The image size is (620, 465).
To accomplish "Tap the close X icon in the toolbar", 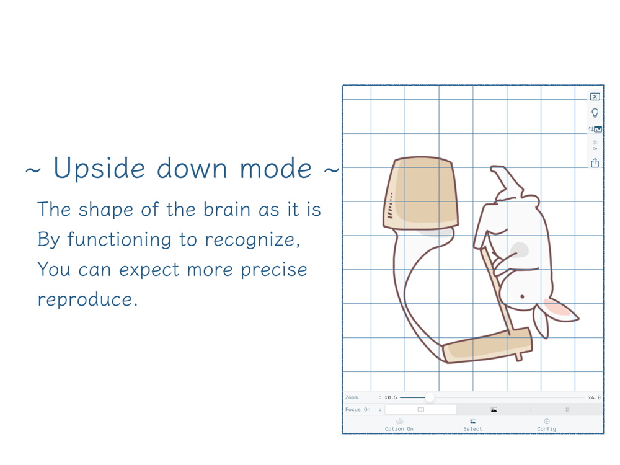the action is (595, 97).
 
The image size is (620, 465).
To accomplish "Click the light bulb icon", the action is (595, 113).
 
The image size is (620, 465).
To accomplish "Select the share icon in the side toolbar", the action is (595, 162).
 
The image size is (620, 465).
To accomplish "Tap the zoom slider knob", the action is (430, 397).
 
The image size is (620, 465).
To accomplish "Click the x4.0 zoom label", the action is (594, 397).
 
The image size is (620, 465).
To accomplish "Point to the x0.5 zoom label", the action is (391, 397).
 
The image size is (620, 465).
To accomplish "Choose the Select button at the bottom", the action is (472, 425).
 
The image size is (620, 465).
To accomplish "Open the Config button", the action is (546, 425).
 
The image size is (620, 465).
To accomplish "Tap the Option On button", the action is (399, 425).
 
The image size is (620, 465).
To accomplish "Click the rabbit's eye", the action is (522, 296).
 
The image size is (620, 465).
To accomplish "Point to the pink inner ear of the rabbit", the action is (557, 308).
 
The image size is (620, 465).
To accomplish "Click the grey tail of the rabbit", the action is (519, 250).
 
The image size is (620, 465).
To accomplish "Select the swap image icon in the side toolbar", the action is (595, 130).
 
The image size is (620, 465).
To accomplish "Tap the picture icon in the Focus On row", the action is (494, 410).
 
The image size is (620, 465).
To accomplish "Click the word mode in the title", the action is (276, 169).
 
